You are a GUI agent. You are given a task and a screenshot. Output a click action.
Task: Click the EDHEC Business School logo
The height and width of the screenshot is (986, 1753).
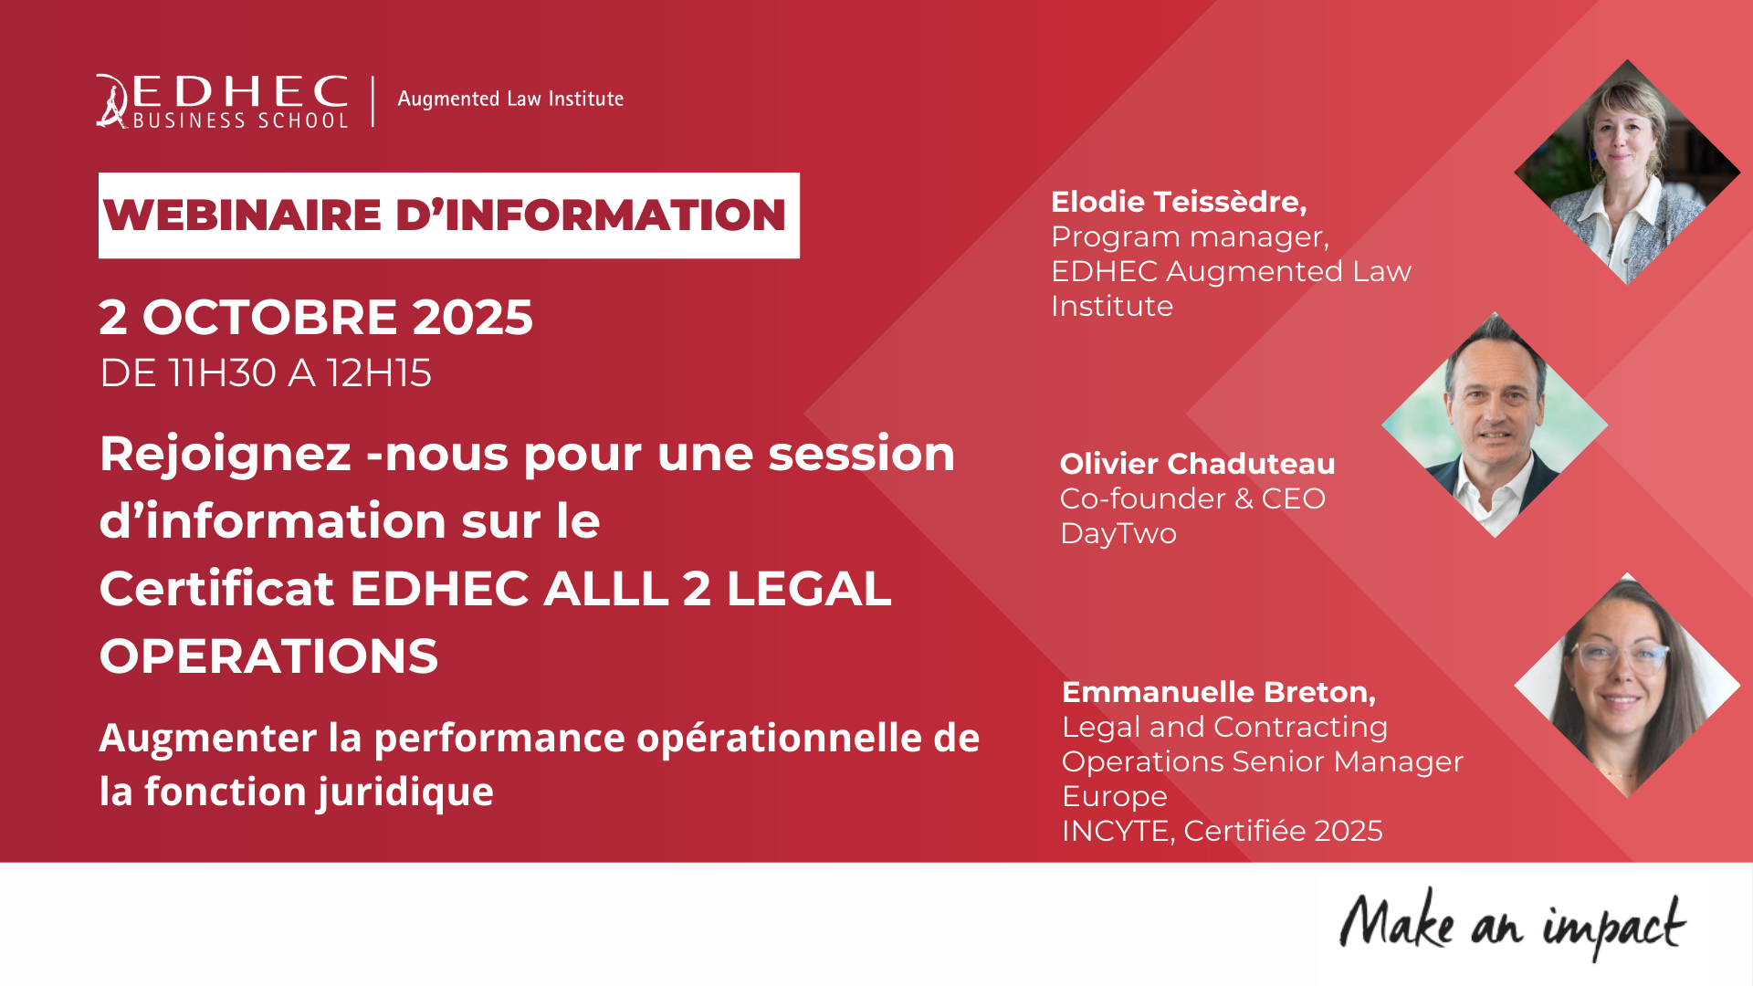coord(223,101)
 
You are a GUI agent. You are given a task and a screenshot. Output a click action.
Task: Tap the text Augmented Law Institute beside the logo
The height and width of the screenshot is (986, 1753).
coord(510,100)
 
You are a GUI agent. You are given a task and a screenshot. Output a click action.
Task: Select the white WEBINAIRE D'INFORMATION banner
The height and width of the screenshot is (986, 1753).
coord(449,215)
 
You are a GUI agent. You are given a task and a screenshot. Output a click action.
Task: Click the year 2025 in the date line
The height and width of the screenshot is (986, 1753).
coord(472,318)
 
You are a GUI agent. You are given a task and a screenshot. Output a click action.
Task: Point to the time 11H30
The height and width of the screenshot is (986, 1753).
coord(223,373)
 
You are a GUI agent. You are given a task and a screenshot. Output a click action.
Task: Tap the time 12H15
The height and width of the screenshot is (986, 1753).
coord(379,373)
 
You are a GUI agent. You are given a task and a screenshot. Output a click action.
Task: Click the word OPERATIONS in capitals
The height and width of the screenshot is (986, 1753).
coord(268,656)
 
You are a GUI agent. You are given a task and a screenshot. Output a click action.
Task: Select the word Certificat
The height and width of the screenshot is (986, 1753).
coord(217,589)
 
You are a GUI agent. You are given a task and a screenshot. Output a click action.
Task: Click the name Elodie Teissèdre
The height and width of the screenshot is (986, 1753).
coord(1179,202)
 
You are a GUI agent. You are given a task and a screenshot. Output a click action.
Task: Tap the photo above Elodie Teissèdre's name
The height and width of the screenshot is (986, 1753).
coord(1627,173)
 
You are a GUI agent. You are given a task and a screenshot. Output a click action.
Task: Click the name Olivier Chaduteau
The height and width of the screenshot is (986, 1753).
coord(1197,464)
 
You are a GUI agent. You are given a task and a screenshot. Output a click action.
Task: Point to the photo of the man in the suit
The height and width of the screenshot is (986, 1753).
coord(1495,425)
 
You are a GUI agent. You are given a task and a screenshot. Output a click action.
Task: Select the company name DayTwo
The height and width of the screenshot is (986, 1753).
coord(1118,533)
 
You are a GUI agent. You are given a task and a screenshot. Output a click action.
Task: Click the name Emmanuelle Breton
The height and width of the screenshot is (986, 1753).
coord(1219,692)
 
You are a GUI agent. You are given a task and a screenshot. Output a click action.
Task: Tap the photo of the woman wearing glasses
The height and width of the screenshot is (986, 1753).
coord(1627,686)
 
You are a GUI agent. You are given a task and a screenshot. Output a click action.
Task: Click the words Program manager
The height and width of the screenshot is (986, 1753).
coord(1190,237)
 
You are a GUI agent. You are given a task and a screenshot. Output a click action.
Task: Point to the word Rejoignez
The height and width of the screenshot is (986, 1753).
coord(226,455)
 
